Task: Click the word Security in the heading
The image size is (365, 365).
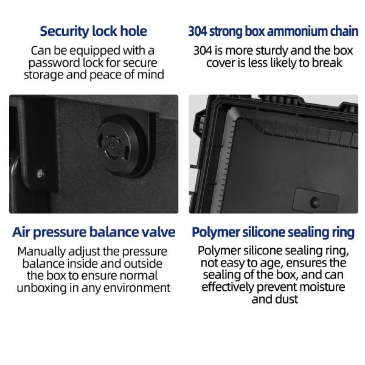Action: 63,30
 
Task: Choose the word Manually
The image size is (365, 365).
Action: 46,251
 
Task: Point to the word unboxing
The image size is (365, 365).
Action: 39,288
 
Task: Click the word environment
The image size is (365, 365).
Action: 140,288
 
